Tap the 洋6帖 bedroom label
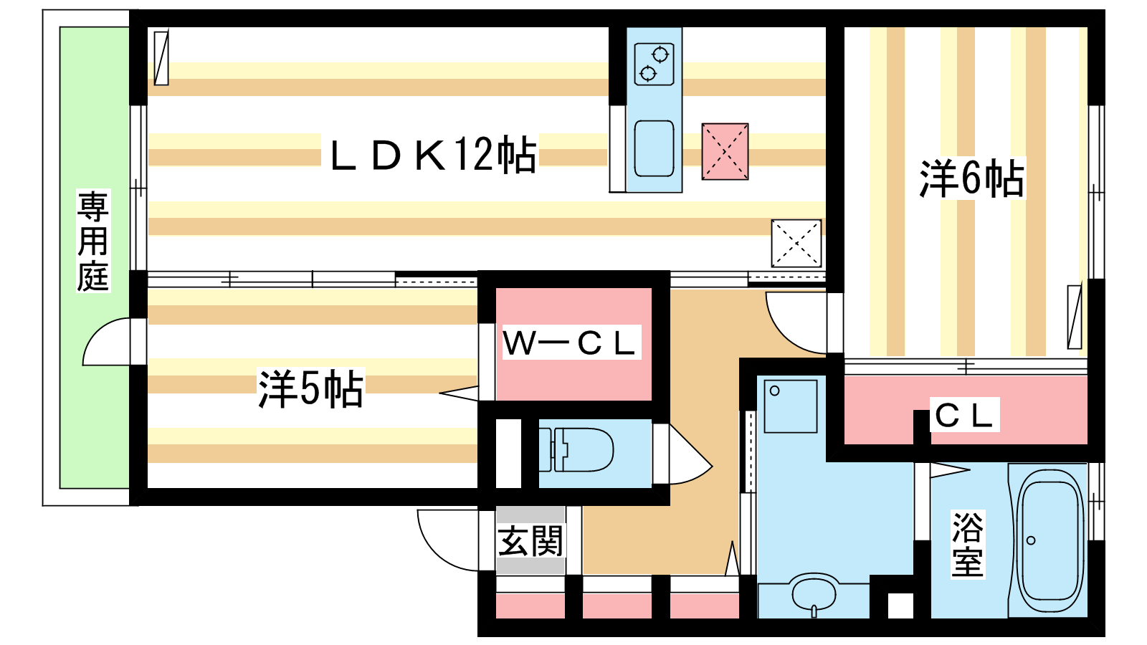click(971, 178)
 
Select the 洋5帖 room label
click(311, 388)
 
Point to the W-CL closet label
click(569, 343)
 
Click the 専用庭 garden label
click(92, 241)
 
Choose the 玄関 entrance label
click(530, 541)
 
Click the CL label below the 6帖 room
click(963, 415)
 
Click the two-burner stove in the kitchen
click(654, 64)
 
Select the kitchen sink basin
click(654, 148)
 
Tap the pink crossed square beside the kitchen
click(725, 151)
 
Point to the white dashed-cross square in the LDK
click(796, 243)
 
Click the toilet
click(576, 449)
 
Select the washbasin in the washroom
click(814, 595)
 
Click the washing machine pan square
click(790, 406)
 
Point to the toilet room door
click(690, 456)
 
